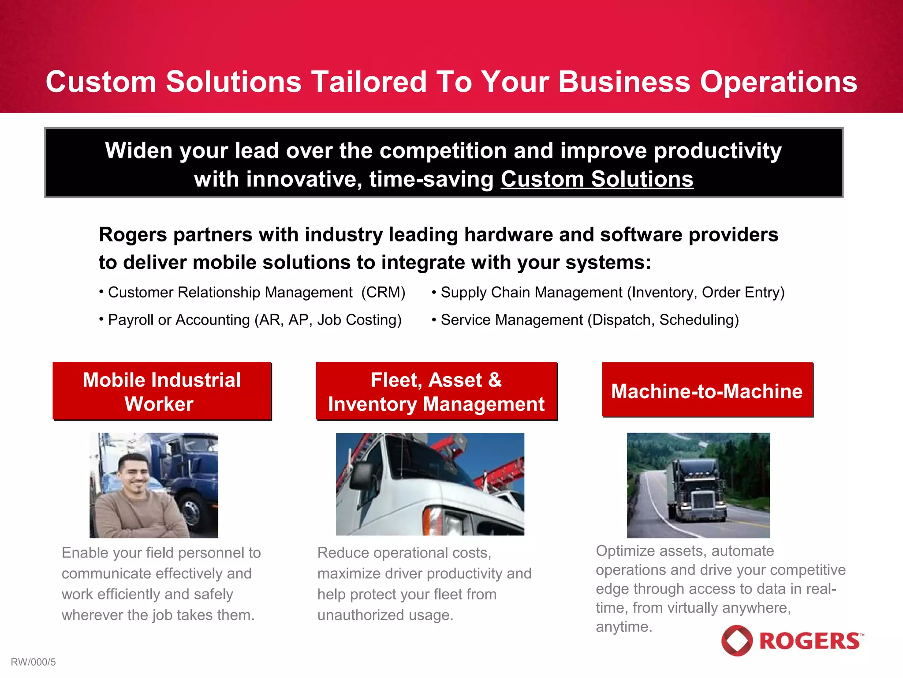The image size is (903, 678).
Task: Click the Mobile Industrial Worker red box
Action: click(162, 391)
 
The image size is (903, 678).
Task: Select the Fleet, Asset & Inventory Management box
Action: click(437, 391)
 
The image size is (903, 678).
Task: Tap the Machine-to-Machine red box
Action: click(707, 390)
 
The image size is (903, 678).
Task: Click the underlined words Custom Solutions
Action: click(597, 179)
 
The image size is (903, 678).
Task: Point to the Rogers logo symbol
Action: click(737, 640)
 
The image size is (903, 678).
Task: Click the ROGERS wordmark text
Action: click(810, 641)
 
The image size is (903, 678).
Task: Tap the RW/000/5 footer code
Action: click(34, 662)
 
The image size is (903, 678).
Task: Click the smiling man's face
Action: click(134, 475)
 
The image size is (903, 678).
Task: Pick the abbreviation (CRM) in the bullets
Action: click(383, 293)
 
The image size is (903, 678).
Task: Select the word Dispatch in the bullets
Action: click(622, 320)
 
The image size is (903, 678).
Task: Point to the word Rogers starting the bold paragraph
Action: click(132, 234)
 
